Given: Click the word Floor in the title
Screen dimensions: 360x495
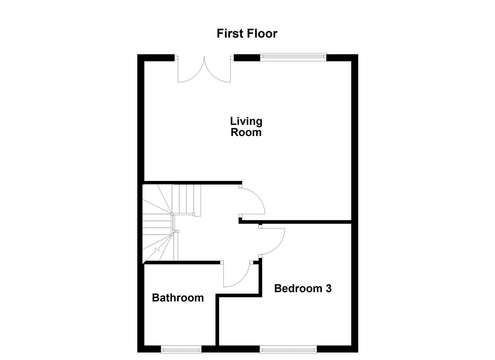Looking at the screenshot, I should click(x=262, y=34).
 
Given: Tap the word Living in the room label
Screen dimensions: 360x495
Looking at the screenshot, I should click(x=246, y=121).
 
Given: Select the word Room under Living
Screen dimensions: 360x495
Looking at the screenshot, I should click(x=246, y=132).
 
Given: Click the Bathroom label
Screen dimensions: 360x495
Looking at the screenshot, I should click(x=178, y=298).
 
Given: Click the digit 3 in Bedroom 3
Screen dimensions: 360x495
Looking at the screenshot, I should click(x=329, y=288).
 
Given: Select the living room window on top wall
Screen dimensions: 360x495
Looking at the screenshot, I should click(x=293, y=57).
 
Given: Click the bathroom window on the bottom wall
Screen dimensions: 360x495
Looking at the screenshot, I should click(x=181, y=349).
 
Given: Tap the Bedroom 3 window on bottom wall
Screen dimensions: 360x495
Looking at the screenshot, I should click(x=288, y=349).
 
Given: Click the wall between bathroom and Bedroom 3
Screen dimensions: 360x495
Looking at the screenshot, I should click(x=217, y=320).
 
